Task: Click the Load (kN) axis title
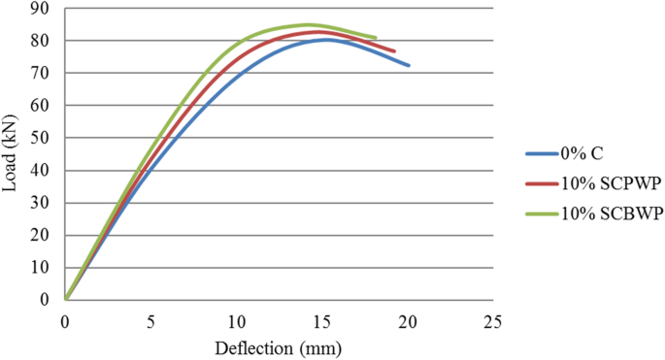[x=13, y=154]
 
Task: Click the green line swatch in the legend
[x=540, y=214]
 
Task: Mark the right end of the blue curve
[x=409, y=66]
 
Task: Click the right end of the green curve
[x=375, y=38]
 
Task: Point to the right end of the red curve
[x=393, y=51]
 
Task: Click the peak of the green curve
[x=308, y=25]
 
